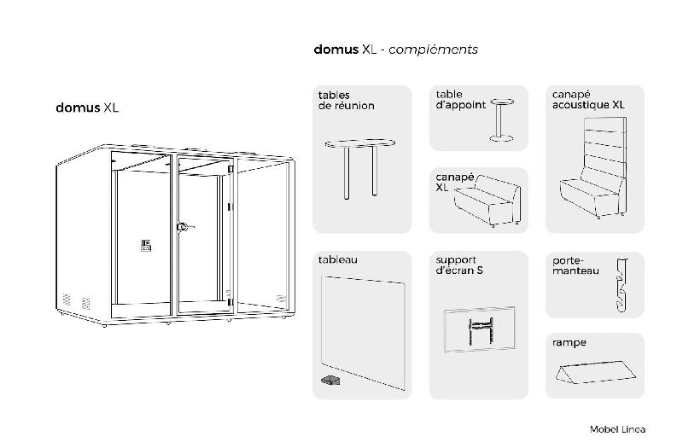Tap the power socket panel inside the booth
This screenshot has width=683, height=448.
(x=146, y=246)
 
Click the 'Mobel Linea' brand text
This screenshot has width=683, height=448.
(x=617, y=429)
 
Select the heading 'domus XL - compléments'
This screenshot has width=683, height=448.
(x=395, y=49)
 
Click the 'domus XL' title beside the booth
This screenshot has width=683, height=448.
(x=87, y=108)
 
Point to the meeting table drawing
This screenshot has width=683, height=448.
(x=359, y=168)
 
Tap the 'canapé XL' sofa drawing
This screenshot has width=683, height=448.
(x=487, y=201)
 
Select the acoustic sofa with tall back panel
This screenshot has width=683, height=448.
(x=593, y=167)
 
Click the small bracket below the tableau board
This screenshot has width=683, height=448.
(x=330, y=381)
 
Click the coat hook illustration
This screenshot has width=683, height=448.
(x=622, y=285)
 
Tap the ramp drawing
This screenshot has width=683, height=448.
(x=595, y=372)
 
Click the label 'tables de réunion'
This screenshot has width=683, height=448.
(x=346, y=101)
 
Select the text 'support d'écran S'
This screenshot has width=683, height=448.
(x=459, y=265)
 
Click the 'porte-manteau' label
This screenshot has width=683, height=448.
(x=575, y=266)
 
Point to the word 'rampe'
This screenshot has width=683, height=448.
(x=569, y=343)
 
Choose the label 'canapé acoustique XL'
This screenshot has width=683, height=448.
(x=588, y=100)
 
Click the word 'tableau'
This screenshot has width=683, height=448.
(x=337, y=260)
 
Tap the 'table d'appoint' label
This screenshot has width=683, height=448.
(x=460, y=100)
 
